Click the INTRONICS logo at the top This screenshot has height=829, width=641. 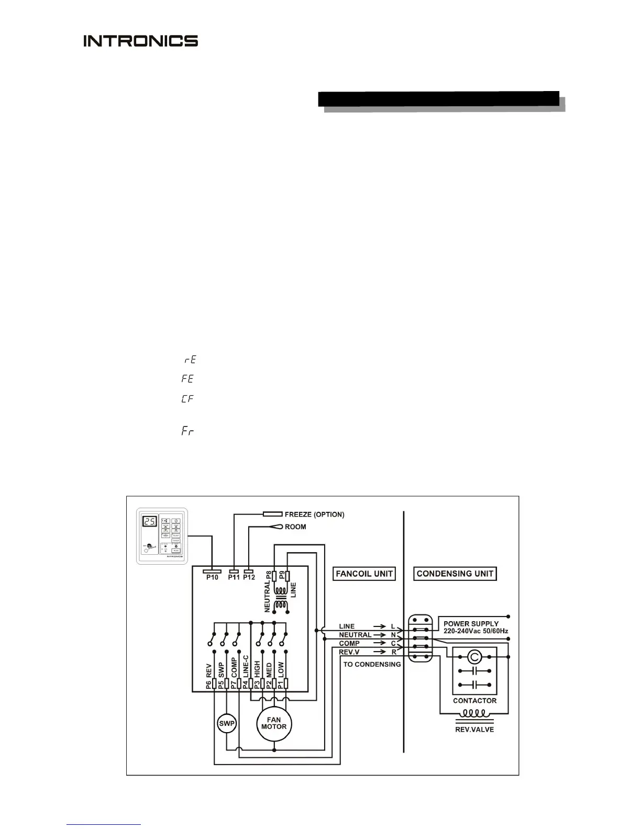140,41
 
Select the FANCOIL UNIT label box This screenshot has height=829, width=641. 364,574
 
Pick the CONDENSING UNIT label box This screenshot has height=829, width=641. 455,574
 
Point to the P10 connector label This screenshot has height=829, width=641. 212,577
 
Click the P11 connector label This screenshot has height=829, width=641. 234,577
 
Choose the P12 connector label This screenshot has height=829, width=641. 249,577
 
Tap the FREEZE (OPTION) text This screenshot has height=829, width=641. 314,514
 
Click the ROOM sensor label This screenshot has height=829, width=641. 295,526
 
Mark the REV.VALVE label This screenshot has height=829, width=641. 474,729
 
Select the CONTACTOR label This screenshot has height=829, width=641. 474,700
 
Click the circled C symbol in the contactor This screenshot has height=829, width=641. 474,657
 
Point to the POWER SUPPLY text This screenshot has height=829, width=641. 471,624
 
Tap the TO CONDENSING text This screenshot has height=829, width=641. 372,664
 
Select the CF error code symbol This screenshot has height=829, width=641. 187,399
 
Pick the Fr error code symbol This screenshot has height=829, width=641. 187,432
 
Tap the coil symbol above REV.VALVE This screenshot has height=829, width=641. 474,713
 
